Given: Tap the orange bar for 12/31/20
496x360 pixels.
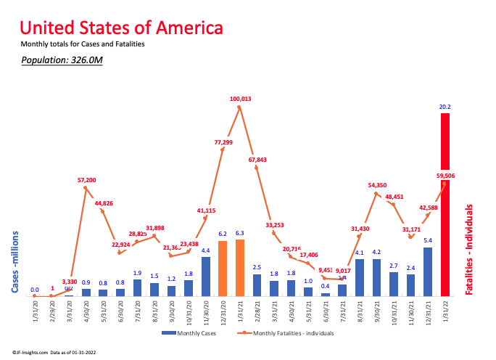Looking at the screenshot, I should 223,268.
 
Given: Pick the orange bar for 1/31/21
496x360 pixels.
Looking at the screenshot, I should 240,268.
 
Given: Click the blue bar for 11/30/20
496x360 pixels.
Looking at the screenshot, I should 206,277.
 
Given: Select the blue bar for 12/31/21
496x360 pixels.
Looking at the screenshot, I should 428,271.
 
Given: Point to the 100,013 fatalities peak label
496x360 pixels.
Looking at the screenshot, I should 240,98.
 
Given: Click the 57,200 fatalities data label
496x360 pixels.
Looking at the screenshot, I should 86,179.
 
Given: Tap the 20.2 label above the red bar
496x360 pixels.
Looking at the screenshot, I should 445,107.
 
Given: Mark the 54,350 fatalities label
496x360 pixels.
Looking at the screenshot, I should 377,185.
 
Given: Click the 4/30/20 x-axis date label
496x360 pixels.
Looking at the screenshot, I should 87,311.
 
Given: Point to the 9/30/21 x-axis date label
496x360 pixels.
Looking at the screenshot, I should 377,311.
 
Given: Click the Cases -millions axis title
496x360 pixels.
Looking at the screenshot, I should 15,262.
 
